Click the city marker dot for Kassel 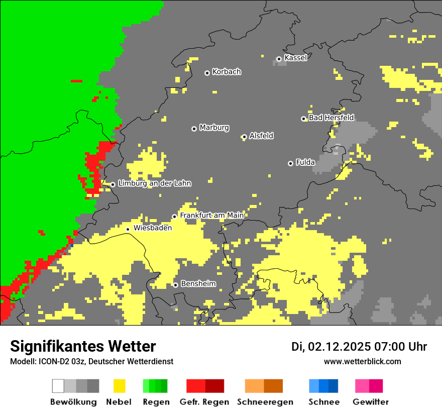pos(279,59)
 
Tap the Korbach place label pos(227,72)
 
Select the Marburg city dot pos(194,129)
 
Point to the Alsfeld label pos(261,136)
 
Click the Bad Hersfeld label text pos(331,118)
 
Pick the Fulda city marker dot pos(290,163)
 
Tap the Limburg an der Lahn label pos(154,183)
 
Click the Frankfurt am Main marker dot pos(175,217)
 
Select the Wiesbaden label pos(152,228)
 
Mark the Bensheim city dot pos(175,285)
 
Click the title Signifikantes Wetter pos(83,346)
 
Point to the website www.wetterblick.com pos(362,361)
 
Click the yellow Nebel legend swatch pos(119,386)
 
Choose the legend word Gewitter pos(370,402)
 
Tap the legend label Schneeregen pos(265,402)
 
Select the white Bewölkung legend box pos(58,386)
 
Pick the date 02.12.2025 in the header pos(339,347)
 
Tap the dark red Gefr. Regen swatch pos(214,386)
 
